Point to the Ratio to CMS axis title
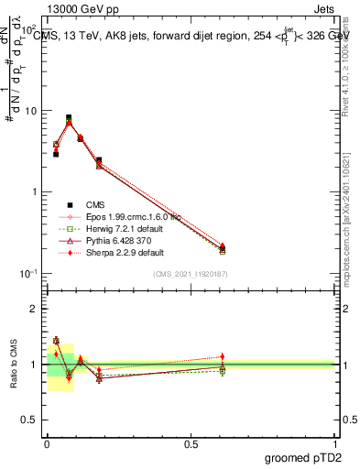point(13,361)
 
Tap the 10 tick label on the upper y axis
point(29,111)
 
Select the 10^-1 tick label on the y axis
point(27,274)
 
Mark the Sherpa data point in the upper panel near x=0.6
point(223,245)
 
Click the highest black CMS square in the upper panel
point(69,117)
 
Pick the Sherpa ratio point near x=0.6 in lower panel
point(223,356)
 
